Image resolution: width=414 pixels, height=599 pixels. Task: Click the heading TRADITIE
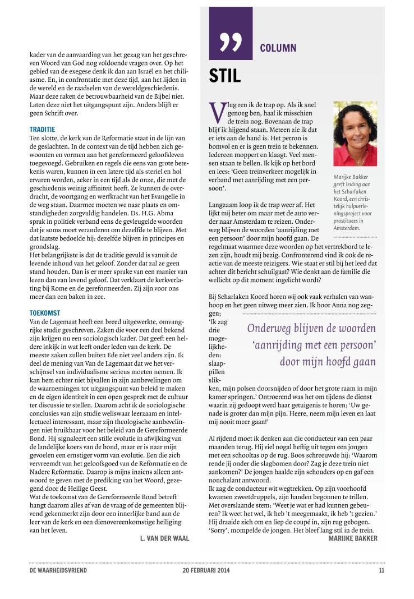coord(42,130)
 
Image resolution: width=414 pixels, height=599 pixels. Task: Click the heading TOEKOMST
coord(45,312)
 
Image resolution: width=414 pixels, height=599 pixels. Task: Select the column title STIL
coord(225,76)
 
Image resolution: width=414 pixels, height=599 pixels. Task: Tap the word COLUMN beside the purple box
coord(278,48)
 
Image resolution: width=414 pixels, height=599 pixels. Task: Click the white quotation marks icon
coord(231,42)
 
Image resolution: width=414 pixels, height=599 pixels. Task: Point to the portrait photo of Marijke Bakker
coord(355,133)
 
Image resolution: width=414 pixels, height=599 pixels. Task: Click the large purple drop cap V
coord(215,112)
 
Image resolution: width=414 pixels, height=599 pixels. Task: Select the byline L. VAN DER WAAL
coord(164,538)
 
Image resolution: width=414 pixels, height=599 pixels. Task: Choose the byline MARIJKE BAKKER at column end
coord(353,538)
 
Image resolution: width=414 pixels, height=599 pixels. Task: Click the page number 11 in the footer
coord(381,570)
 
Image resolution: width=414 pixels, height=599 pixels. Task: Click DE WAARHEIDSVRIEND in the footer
coord(58,570)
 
